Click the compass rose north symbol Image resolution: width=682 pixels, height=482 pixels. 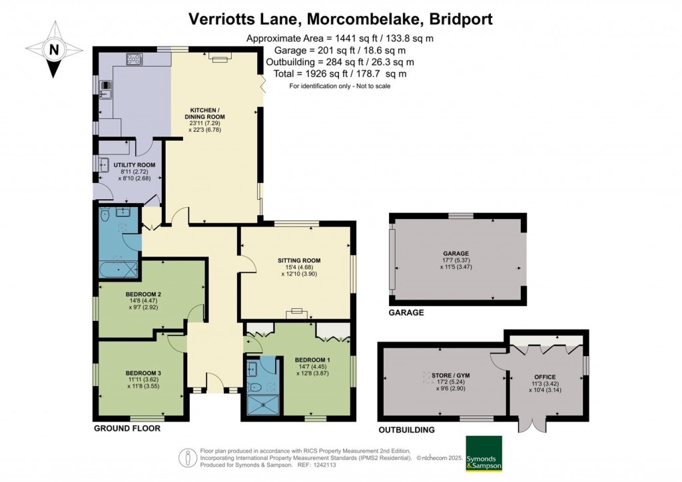(54, 49)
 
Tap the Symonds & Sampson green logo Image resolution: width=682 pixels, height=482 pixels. (484, 453)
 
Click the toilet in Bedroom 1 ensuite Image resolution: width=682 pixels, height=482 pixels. (252, 385)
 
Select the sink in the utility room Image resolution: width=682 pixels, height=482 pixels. (105, 164)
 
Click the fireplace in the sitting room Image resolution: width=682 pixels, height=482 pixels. (296, 312)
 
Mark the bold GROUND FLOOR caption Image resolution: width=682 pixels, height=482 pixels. (127, 429)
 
